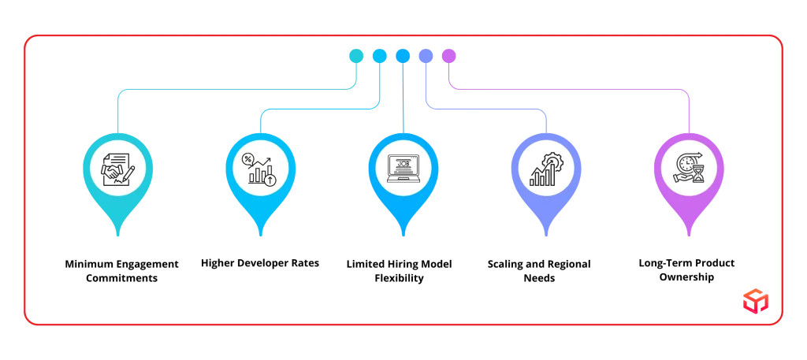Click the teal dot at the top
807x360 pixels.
pos(356,56)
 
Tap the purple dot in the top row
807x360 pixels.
pos(448,56)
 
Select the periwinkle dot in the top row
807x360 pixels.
pos(426,56)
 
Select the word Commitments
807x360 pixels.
pos(121,279)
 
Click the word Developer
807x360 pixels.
pos(264,264)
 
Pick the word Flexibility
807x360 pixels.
pos(399,279)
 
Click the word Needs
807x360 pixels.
pos(539,279)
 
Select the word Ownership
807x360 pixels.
pos(686,278)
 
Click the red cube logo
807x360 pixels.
pos(756,301)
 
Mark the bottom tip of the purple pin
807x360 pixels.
pos(689,236)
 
